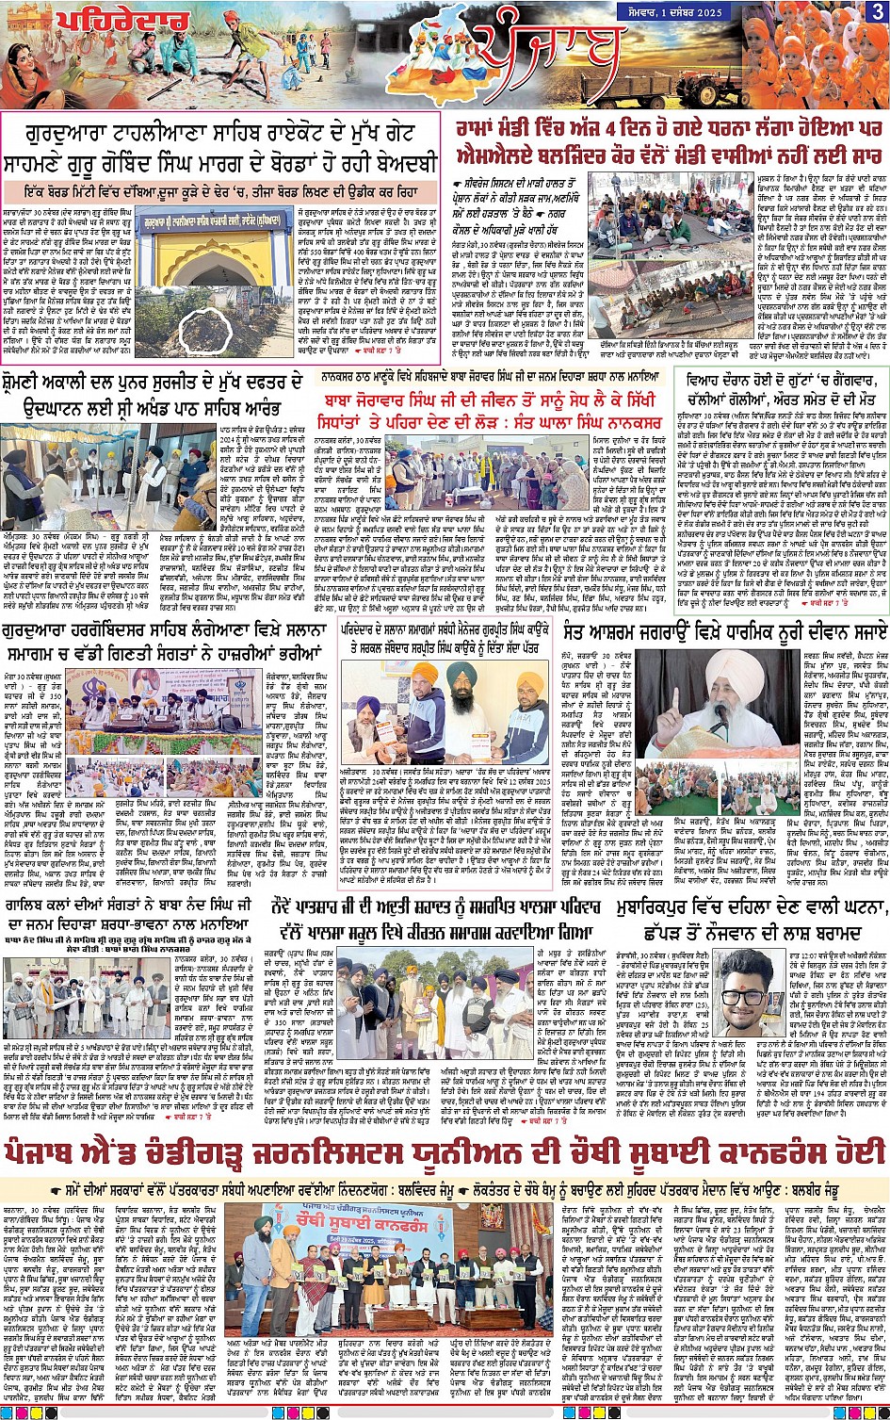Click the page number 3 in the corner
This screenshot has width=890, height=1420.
(x=876, y=11)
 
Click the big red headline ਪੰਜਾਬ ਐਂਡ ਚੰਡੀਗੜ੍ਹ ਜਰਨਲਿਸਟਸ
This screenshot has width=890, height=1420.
(x=444, y=1152)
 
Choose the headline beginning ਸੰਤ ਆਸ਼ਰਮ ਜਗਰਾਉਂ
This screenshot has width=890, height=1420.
(x=722, y=629)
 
